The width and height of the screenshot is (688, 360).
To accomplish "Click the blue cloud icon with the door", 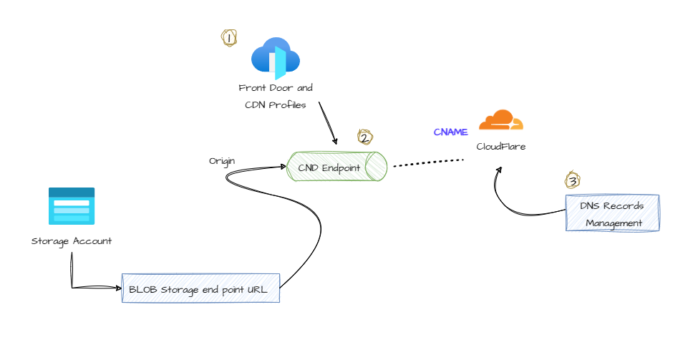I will [275, 57].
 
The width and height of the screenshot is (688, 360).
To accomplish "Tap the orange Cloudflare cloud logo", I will [500, 120].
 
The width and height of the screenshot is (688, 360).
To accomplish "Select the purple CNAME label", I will [450, 132].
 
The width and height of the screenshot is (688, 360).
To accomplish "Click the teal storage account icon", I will [72, 206].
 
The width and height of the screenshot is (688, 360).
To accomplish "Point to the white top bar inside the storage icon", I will [72, 203].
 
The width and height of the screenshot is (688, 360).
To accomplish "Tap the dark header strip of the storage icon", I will [72, 193].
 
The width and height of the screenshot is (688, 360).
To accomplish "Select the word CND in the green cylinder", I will [308, 167].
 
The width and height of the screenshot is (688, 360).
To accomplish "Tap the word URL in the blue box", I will [256, 289].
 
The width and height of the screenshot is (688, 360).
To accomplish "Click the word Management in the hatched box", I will [613, 223].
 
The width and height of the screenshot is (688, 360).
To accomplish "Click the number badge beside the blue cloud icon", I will [229, 38].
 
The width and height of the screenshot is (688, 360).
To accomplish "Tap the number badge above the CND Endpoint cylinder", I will [365, 137].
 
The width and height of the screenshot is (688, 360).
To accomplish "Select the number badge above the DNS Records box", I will [572, 180].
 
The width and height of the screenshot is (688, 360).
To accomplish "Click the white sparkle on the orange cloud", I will [511, 124].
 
